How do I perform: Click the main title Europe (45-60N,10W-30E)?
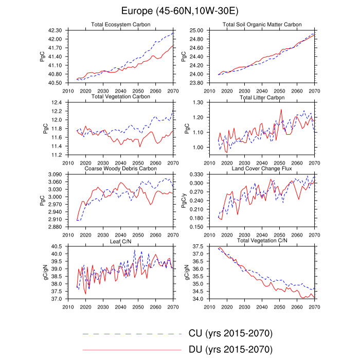point(179,11)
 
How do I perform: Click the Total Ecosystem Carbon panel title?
point(120,25)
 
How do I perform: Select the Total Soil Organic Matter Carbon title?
point(262,25)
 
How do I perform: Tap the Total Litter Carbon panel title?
point(262,97)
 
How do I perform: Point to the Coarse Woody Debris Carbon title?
point(120,168)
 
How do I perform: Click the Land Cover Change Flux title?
point(262,168)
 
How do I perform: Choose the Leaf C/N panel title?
point(120,240)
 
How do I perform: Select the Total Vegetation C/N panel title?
point(262,240)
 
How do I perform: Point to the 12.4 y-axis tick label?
point(57,102)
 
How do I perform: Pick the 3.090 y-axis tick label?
point(53,174)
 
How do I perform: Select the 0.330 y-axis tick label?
point(195,174)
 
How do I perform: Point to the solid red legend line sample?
point(132,350)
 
